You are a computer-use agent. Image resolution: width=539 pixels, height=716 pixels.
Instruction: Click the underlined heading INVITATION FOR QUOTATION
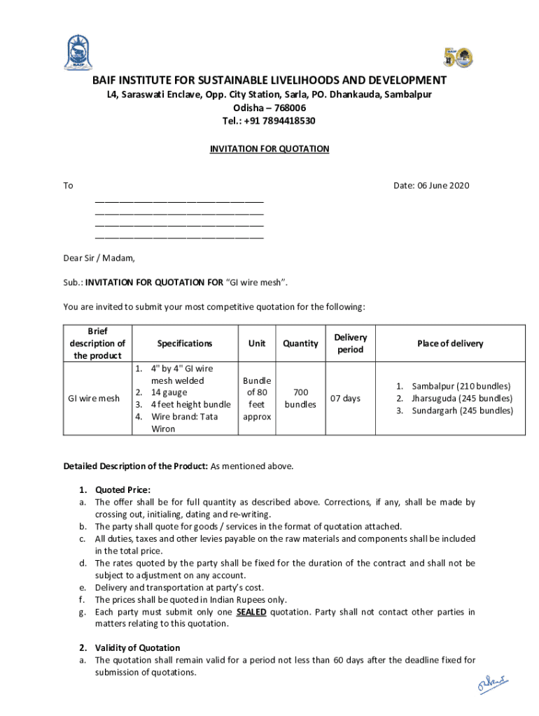click(x=269, y=149)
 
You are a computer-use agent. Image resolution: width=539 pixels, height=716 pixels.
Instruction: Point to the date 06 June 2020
click(x=431, y=185)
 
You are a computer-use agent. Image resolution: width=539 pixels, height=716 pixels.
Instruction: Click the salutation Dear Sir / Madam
click(x=99, y=258)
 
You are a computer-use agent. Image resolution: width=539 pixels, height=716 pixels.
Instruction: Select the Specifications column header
click(x=185, y=343)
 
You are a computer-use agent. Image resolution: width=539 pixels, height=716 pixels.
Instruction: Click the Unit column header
click(x=257, y=343)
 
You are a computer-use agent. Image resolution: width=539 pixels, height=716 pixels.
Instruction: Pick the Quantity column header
click(x=300, y=343)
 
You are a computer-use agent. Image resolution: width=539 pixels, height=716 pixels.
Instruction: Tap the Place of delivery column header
click(x=450, y=343)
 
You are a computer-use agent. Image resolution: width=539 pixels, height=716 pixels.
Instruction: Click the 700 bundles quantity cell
click(x=300, y=399)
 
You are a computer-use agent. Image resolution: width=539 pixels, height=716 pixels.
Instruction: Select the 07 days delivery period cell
click(x=346, y=399)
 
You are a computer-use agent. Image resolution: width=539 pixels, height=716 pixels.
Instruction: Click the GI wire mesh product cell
click(x=93, y=399)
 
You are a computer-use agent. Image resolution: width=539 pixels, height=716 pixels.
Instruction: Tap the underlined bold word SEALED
click(x=251, y=612)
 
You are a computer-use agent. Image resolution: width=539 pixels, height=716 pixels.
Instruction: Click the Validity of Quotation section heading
click(x=137, y=647)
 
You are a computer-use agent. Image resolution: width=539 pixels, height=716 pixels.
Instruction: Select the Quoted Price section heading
click(x=122, y=489)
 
